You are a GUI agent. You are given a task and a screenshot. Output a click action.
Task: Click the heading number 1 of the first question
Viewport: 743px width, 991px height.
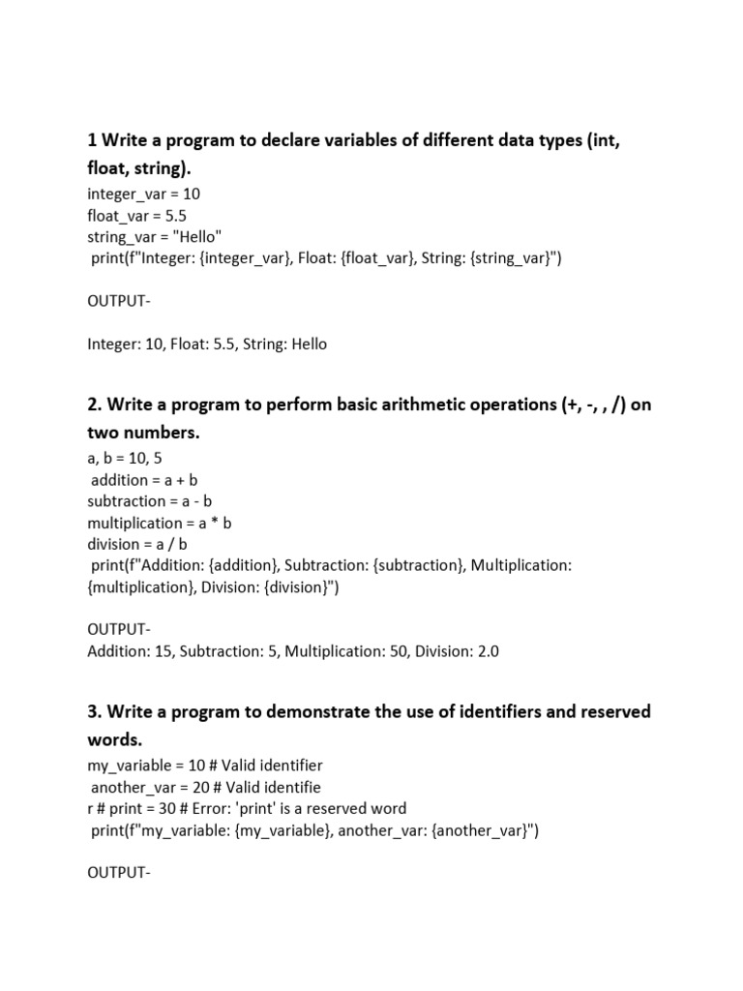tap(92, 140)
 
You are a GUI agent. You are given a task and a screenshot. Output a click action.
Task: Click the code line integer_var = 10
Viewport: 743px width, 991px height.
tap(143, 194)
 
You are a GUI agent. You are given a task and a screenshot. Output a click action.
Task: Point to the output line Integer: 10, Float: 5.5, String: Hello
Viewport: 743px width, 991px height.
tap(207, 344)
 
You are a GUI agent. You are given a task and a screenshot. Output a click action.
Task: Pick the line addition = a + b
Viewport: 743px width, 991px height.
tap(144, 480)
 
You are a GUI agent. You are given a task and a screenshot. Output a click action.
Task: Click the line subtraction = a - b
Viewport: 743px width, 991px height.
tap(150, 501)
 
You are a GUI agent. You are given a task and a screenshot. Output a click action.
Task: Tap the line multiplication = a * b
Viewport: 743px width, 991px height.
tap(160, 523)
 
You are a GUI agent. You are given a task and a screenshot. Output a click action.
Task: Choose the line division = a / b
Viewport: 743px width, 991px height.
tap(137, 544)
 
